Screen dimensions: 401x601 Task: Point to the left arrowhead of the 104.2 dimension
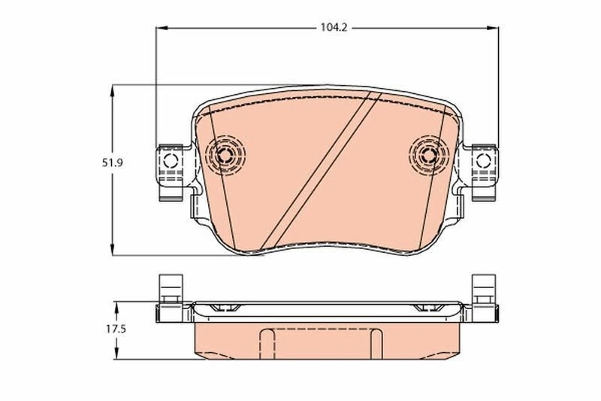tap(159, 28)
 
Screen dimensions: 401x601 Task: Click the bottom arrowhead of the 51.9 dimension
tap(112, 251)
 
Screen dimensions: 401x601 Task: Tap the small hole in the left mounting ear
tap(169, 159)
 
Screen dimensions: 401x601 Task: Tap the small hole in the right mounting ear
tap(484, 159)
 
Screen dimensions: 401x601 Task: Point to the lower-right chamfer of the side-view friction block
tap(454, 354)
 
